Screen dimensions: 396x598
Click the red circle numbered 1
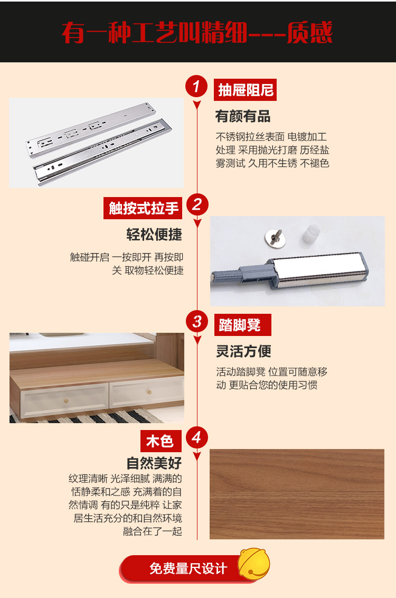196,86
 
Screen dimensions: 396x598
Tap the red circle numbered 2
197,204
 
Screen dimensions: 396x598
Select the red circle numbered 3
197,321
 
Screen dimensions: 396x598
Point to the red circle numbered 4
197,437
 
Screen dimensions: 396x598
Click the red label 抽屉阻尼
245,90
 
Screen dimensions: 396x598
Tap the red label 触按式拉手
143,208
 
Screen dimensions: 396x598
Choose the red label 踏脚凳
243,325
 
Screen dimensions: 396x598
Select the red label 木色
161,441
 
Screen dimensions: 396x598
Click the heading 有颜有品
243,116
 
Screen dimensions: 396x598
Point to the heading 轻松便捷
154,235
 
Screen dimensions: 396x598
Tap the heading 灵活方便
243,351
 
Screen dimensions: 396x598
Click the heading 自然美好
154,463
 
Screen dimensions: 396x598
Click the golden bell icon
254,565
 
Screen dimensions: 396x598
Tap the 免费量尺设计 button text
188,568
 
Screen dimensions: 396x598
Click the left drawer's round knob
67,401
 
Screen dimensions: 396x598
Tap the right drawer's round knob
149,392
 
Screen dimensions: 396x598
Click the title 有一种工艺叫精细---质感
197,32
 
